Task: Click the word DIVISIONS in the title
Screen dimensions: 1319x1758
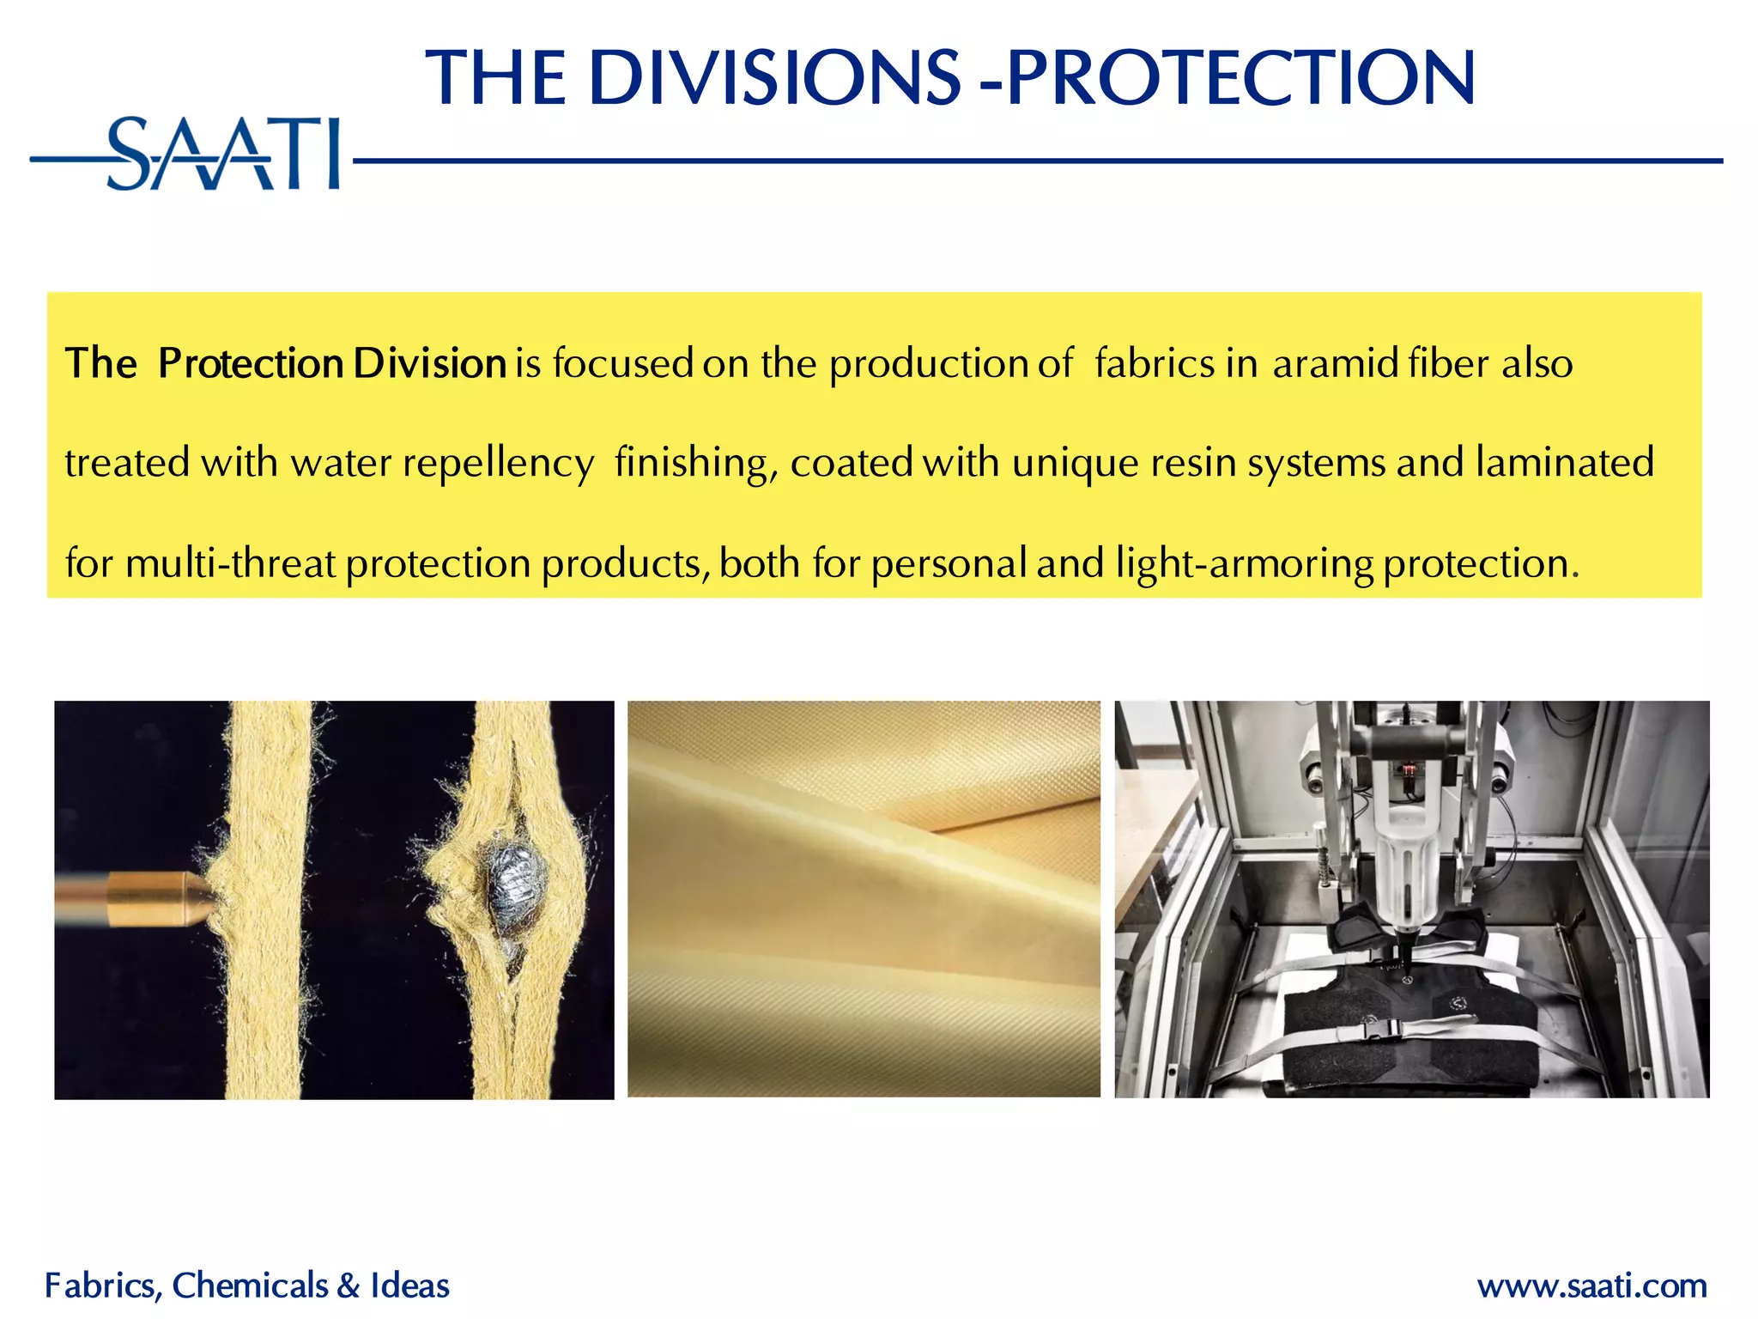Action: click(774, 79)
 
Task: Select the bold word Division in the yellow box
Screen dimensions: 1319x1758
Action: click(429, 363)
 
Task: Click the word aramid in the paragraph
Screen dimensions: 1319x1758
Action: click(1336, 363)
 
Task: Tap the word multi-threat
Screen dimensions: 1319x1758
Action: click(230, 564)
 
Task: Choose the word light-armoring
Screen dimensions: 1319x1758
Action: click(1245, 564)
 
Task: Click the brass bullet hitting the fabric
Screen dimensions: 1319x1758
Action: click(137, 898)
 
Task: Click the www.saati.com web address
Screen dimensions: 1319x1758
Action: click(1591, 1286)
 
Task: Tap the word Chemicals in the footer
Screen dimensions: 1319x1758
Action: click(250, 1286)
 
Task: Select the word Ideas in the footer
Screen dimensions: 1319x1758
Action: click(409, 1286)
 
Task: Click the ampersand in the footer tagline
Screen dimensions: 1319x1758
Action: click(349, 1286)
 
